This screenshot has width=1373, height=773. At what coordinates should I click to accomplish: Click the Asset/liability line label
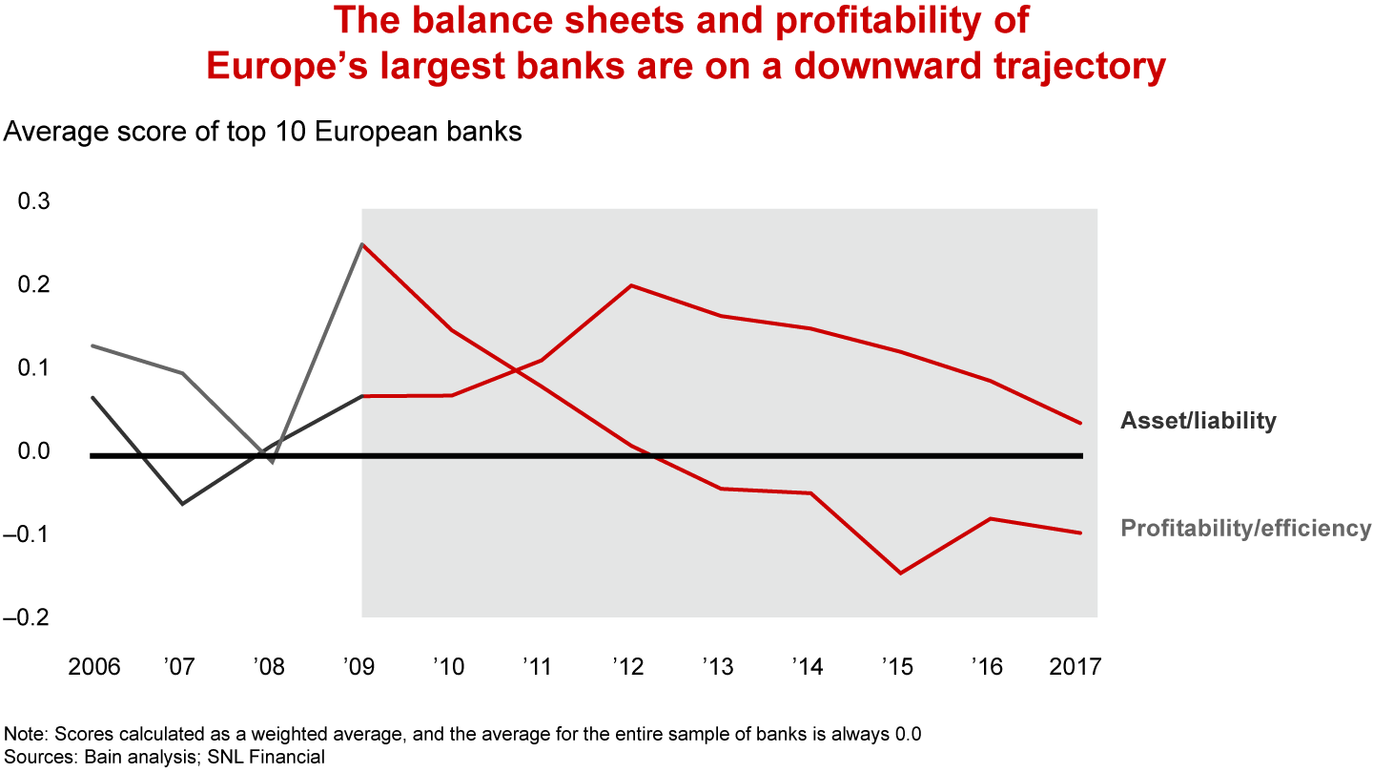coord(1198,421)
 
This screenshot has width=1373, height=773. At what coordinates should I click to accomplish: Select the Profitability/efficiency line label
coord(1245,528)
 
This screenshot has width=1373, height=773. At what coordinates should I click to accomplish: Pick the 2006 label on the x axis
coord(94,666)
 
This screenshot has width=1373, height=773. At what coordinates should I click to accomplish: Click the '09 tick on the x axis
coord(360,666)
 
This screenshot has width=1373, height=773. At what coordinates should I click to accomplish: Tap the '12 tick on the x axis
coord(630,666)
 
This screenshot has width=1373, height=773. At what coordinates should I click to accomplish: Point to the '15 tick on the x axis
coord(898,666)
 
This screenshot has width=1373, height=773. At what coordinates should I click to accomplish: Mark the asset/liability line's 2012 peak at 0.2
coord(631,285)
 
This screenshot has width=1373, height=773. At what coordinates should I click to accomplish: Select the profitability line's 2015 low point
coord(900,574)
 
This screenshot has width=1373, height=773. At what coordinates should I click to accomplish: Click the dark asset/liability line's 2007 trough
coord(182,504)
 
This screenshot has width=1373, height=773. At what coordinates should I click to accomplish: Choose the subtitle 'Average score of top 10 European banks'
coord(263,132)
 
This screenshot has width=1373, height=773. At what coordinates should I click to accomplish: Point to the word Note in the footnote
coord(25,735)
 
